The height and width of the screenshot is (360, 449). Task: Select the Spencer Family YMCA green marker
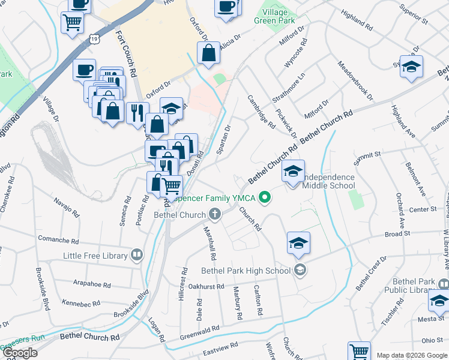coord(263,198)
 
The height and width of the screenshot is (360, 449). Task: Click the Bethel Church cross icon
coord(215,214)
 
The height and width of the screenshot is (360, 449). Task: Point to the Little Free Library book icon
coord(137,256)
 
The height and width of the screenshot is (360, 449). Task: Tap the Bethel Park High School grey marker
coord(300,271)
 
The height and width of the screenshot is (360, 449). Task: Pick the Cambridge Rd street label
coord(261,113)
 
